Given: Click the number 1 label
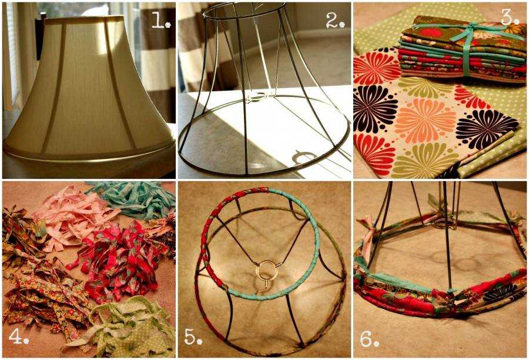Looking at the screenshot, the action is (x=160, y=21).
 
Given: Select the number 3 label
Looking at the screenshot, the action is (x=510, y=18).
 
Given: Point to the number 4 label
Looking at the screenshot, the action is (x=19, y=336).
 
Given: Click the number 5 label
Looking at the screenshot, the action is (x=193, y=336).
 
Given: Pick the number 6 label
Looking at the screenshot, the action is (x=370, y=339).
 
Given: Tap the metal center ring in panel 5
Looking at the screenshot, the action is (x=267, y=269).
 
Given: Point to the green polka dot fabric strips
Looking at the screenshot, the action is (x=125, y=328).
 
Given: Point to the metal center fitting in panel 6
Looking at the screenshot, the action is (x=443, y=223).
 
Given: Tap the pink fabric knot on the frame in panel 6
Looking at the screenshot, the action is (x=367, y=233).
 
